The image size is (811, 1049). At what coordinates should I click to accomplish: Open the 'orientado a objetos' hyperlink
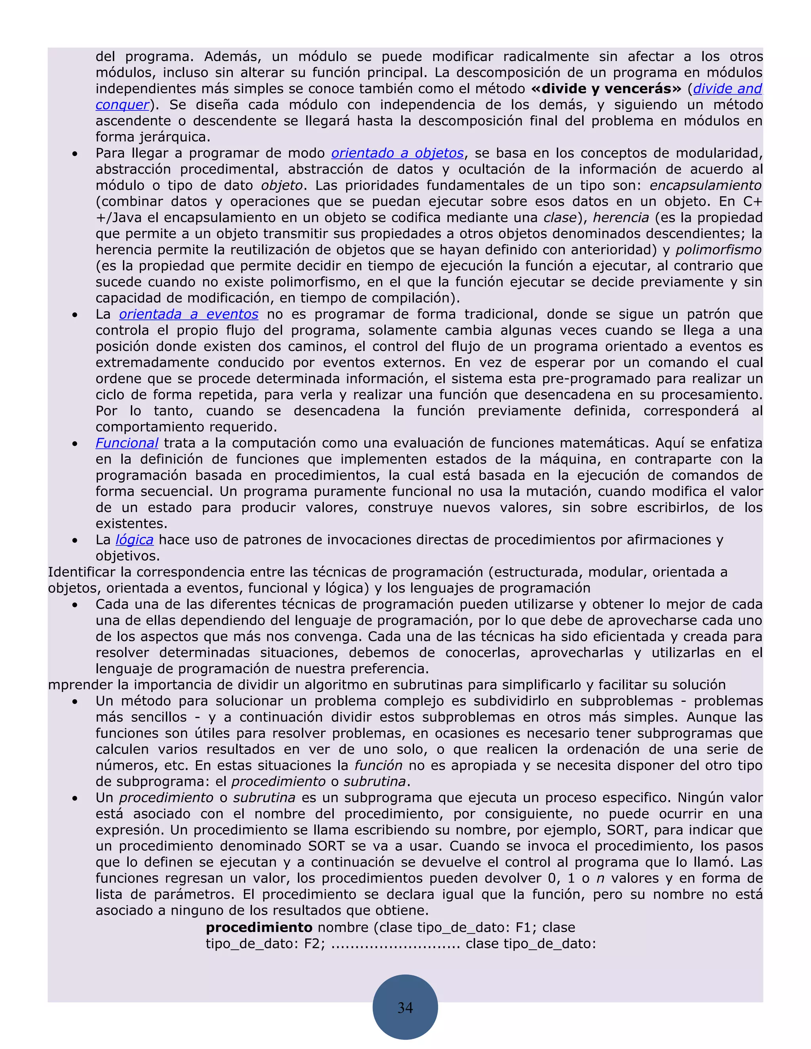(x=397, y=153)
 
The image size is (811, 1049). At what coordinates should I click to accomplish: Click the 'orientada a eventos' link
(x=188, y=314)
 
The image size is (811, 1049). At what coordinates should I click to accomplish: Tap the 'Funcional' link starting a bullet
(x=127, y=443)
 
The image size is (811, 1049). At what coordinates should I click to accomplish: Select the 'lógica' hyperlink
(x=135, y=540)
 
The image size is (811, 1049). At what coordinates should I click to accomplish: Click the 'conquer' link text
(x=122, y=105)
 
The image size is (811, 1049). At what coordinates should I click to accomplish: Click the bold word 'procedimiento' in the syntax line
(x=259, y=927)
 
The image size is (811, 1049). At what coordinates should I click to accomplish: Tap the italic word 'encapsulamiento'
(x=705, y=185)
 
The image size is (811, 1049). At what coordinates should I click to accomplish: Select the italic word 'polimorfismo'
(x=719, y=250)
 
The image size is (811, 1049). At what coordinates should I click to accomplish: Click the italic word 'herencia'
(x=621, y=218)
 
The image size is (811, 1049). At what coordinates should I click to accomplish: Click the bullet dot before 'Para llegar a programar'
(x=75, y=154)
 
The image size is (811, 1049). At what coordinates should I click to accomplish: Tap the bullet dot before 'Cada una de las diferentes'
(x=75, y=605)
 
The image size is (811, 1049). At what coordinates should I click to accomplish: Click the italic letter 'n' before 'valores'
(x=600, y=878)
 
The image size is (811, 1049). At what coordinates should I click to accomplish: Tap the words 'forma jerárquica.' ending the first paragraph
(x=153, y=137)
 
